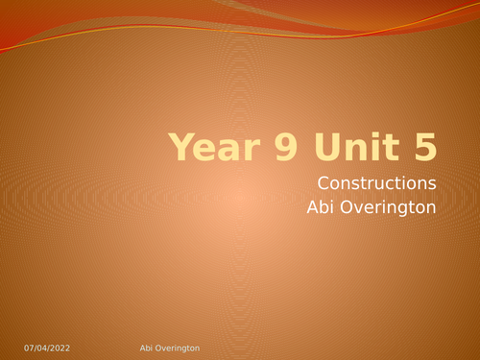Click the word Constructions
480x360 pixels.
[377, 182]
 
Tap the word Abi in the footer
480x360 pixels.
[135, 345]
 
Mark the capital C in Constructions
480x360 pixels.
[323, 182]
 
